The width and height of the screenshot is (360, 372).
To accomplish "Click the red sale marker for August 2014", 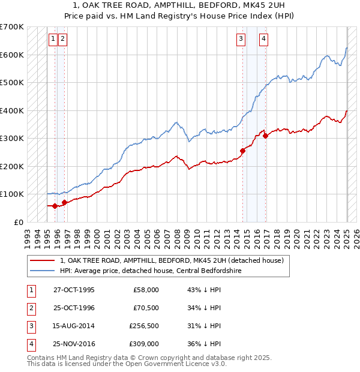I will tap(243, 151).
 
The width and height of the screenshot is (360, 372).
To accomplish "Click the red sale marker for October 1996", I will tap(64, 202).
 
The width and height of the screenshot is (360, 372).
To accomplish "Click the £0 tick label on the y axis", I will tap(19, 222).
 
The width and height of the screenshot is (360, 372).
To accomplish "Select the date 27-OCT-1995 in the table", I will tap(74, 290).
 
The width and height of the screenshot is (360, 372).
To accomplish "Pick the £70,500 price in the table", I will tap(146, 308).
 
